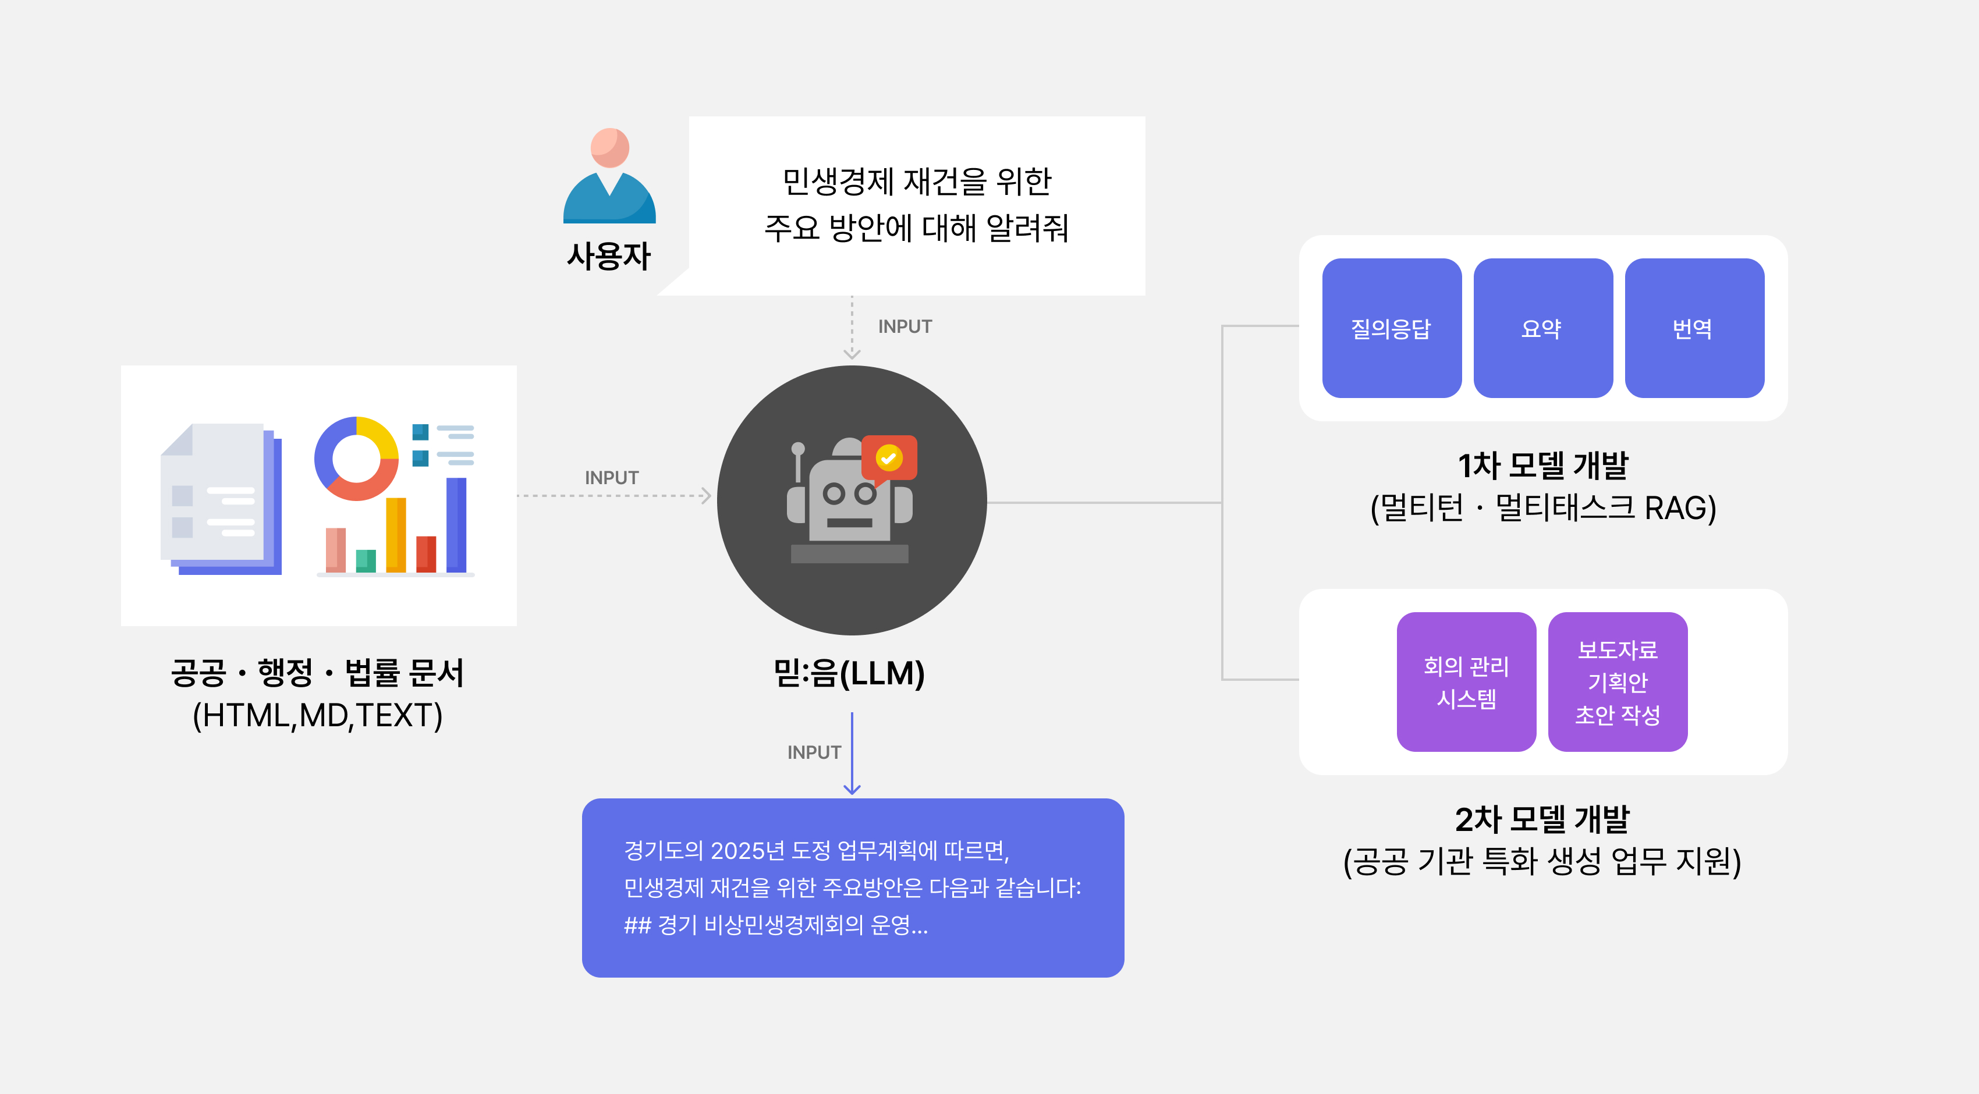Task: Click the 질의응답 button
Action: [x=1391, y=328]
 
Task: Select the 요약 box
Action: [x=1542, y=328]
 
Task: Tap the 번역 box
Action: [x=1694, y=328]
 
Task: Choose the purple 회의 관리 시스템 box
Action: [x=1466, y=681]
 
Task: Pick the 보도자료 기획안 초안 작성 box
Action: [x=1617, y=681]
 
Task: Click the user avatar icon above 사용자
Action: [x=609, y=177]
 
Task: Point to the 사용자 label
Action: [x=608, y=257]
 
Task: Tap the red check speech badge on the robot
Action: [x=889, y=459]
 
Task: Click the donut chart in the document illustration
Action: [x=356, y=459]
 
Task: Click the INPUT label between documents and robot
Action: [x=612, y=478]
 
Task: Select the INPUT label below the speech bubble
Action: [x=904, y=326]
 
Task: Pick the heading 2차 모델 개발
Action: [x=1542, y=819]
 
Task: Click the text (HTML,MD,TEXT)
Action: [x=317, y=716]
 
